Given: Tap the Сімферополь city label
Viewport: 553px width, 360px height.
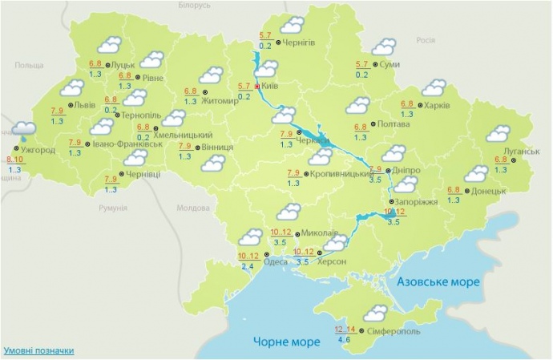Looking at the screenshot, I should [x=392, y=331].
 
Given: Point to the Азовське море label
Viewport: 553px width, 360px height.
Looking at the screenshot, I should [x=439, y=282].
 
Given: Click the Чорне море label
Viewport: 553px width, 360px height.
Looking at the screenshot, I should [x=281, y=341].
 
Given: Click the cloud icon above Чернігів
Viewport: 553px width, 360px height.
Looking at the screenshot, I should [x=292, y=25].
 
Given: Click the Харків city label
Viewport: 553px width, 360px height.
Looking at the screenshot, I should [x=438, y=105].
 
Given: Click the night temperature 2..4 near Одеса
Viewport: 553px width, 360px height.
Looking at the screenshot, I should [x=247, y=266].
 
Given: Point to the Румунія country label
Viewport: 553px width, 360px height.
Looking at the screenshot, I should [x=112, y=208].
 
